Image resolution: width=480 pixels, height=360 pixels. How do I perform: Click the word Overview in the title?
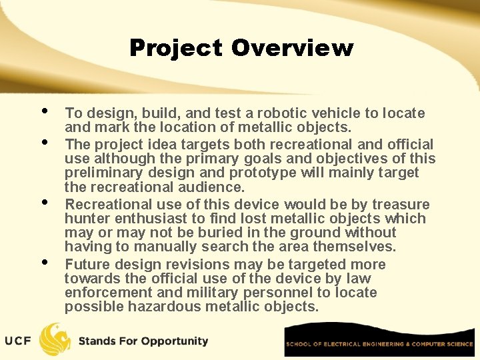tap(292, 48)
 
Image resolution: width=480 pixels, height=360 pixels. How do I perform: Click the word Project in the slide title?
tap(176, 48)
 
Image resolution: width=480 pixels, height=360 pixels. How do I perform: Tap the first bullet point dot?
tap(44, 111)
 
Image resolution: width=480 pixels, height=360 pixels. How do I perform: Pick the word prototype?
tap(261, 173)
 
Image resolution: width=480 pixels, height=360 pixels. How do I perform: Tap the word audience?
tap(215, 187)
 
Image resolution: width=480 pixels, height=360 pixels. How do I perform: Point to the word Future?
tap(87, 264)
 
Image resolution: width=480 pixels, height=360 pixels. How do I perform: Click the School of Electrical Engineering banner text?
tap(379, 344)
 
